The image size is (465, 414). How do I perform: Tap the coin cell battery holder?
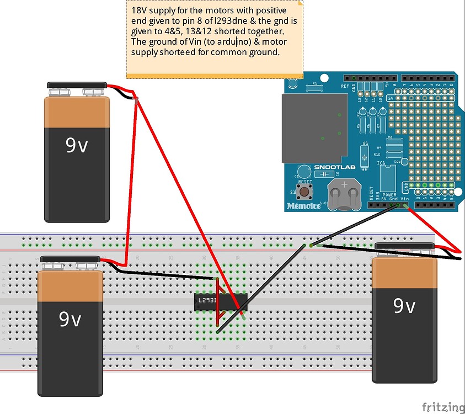click(x=343, y=195)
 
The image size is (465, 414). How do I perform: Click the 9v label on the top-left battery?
click(x=77, y=145)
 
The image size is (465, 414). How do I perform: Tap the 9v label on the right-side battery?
click(x=404, y=305)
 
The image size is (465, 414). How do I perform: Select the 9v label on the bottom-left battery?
click(x=70, y=319)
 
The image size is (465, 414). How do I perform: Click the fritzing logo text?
click(x=442, y=407)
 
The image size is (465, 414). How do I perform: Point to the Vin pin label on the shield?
click(x=404, y=198)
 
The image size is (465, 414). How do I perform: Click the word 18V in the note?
click(x=140, y=10)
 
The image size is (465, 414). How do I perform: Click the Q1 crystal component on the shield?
click(x=365, y=155)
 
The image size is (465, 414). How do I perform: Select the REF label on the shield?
click(x=344, y=86)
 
